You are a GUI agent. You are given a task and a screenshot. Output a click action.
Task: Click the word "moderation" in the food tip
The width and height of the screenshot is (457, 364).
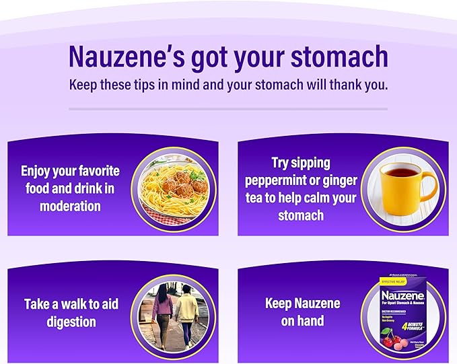[x=69, y=205]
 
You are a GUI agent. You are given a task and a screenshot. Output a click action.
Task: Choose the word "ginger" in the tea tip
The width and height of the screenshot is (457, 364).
[x=341, y=180]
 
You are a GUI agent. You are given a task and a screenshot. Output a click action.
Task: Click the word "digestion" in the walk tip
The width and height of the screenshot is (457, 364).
[x=71, y=321]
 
